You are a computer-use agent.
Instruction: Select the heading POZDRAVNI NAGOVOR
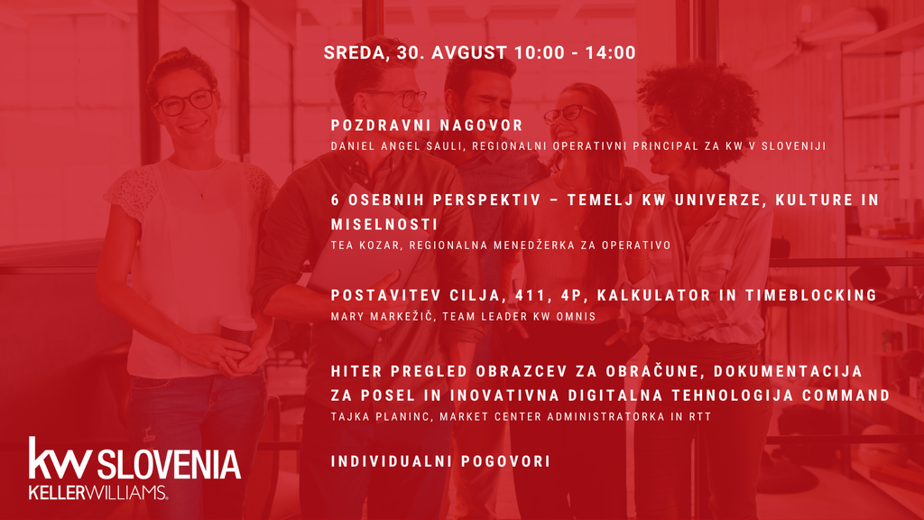pyautogui.click(x=427, y=125)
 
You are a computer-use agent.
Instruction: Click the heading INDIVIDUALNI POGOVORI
pyautogui.click(x=440, y=461)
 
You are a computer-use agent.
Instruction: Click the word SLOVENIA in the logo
pyautogui.click(x=169, y=464)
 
